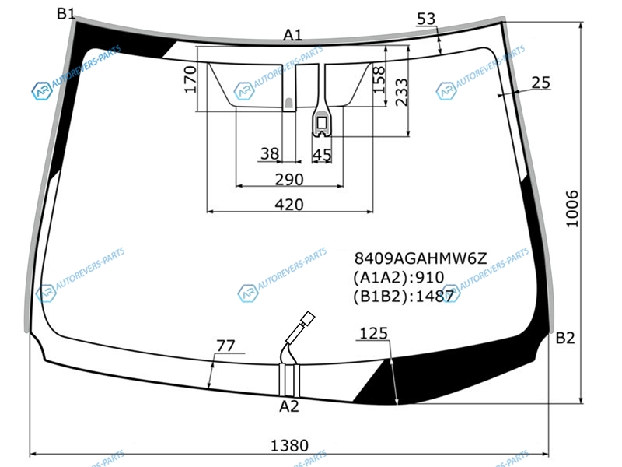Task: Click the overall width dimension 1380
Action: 289,445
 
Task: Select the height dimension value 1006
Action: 572,209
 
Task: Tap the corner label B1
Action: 65,14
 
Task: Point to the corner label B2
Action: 565,338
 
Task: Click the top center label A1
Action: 293,35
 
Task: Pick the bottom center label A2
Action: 288,406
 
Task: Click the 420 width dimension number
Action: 289,205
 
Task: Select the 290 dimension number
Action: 289,180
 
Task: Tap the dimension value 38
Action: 270,153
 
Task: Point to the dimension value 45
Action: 322,155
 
